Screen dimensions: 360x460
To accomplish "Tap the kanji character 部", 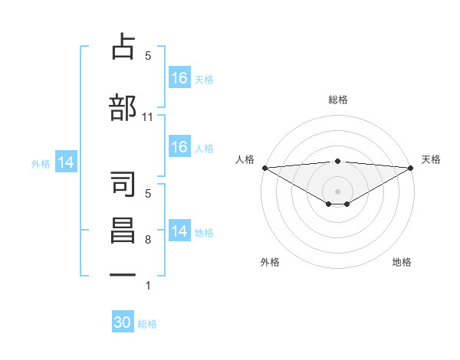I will coord(123,108).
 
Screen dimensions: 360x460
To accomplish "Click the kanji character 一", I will coord(123,277).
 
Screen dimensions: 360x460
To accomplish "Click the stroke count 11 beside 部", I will coord(148,117).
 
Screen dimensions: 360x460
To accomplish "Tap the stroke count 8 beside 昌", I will coord(148,240).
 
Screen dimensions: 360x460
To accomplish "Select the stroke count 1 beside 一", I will coord(148,286).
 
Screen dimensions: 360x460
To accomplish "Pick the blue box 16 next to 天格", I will coord(179,78).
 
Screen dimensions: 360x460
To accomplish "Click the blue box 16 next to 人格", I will coord(179,147).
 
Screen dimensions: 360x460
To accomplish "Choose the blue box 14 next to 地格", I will coord(179,231).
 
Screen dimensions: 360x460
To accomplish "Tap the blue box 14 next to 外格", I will coord(66,162).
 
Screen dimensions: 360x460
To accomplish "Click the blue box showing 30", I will coord(123,322).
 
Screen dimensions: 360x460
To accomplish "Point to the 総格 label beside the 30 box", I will coord(148,324).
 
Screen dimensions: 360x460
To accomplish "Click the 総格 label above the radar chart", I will coord(337,100).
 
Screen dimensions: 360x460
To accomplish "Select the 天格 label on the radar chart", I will coord(432,159).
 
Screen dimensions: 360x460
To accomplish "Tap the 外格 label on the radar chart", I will coord(270,262).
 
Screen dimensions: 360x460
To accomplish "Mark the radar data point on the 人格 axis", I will coord(264,167).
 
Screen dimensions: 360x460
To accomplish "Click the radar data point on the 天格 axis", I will coord(410,167).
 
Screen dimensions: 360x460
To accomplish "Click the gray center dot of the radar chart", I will coord(337,191).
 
